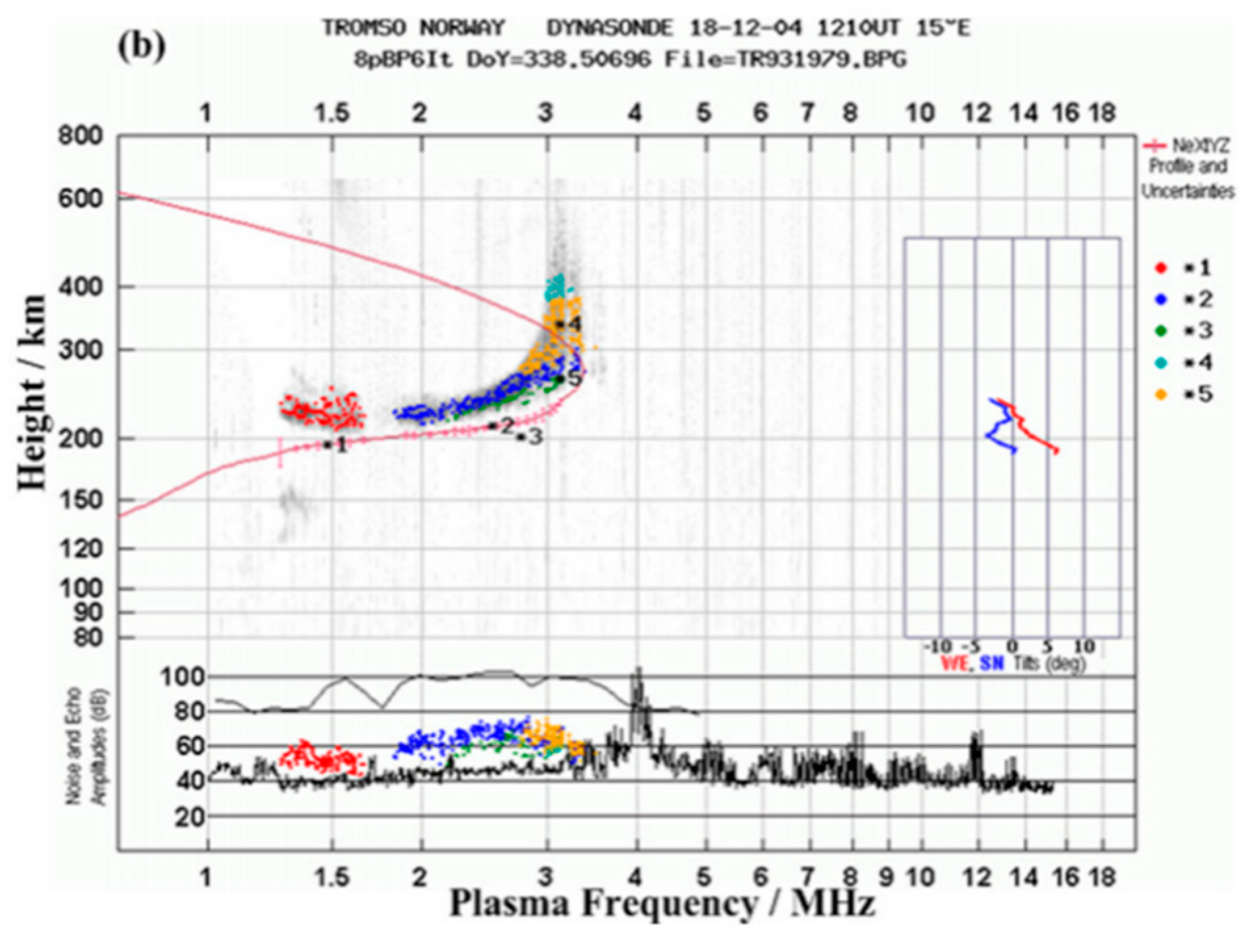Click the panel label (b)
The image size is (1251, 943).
(140, 47)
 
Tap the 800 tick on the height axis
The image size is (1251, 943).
(81, 136)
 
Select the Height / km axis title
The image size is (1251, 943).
(33, 392)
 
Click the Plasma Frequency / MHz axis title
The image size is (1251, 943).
(662, 904)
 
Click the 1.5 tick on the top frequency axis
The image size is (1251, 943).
(331, 113)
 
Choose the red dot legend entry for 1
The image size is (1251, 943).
(1161, 268)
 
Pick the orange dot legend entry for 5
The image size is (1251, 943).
(1161, 394)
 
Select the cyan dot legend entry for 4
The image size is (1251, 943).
(1161, 362)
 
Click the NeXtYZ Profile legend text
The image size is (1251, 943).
(1188, 167)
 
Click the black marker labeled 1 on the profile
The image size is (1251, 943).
(327, 445)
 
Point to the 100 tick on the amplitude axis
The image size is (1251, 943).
(183, 676)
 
